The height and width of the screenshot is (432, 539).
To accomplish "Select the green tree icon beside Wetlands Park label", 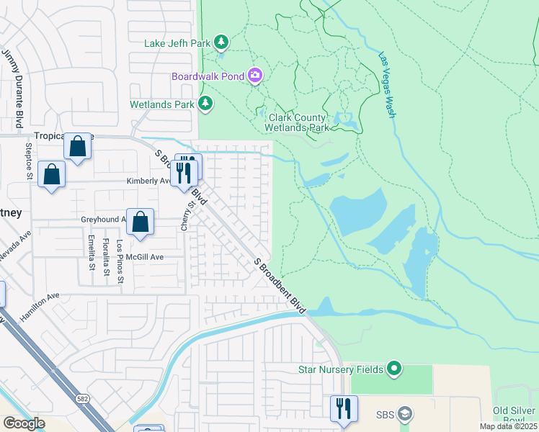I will click(206, 104).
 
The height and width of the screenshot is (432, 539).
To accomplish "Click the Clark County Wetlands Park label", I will click(298, 122).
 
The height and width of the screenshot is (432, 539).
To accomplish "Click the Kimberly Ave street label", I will click(148, 181).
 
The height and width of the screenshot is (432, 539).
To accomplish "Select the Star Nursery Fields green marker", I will click(393, 369).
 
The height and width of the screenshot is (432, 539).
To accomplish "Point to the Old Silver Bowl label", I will click(515, 415).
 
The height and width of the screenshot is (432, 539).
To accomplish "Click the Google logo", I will click(24, 423).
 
